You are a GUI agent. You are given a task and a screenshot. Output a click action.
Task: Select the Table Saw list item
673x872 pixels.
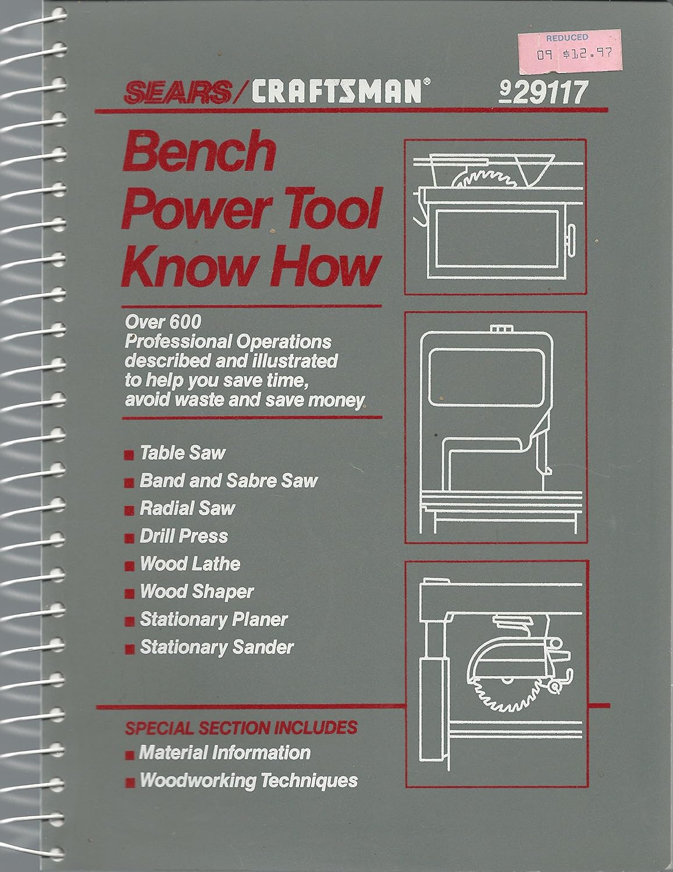click(182, 453)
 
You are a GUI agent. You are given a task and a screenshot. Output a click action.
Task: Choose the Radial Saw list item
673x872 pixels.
click(187, 508)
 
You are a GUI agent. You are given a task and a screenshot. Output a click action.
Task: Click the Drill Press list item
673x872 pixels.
click(184, 536)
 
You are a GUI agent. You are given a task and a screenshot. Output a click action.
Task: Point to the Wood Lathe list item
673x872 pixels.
click(190, 564)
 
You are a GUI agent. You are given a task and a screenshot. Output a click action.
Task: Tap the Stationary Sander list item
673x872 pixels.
click(216, 647)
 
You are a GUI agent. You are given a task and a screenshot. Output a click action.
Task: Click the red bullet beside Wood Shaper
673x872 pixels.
click(131, 593)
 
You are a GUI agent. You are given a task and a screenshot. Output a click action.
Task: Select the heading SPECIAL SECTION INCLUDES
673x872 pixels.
click(241, 727)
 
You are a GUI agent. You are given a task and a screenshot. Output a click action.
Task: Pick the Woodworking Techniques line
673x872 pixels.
click(248, 780)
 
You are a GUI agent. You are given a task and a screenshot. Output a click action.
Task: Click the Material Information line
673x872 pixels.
click(225, 753)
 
